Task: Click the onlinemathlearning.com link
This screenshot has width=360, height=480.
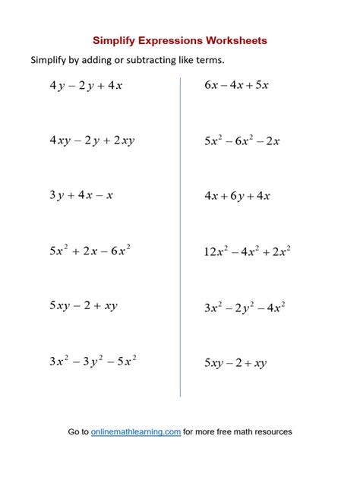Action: [136, 431]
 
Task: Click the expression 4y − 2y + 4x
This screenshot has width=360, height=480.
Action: [86, 86]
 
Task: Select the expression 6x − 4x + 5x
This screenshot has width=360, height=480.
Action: [236, 85]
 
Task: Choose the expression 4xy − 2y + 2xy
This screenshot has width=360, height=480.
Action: [92, 141]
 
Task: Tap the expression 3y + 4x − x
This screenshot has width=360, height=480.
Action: [81, 195]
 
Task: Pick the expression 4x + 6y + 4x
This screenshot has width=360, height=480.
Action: [237, 195]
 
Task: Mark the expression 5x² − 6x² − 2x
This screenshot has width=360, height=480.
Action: [242, 141]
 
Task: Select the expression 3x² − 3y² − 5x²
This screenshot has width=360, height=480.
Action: [93, 362]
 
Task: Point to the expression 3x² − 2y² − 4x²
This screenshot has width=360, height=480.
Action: [245, 308]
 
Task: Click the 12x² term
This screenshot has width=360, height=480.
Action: [216, 251]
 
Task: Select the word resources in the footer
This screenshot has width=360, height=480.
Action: [271, 431]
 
